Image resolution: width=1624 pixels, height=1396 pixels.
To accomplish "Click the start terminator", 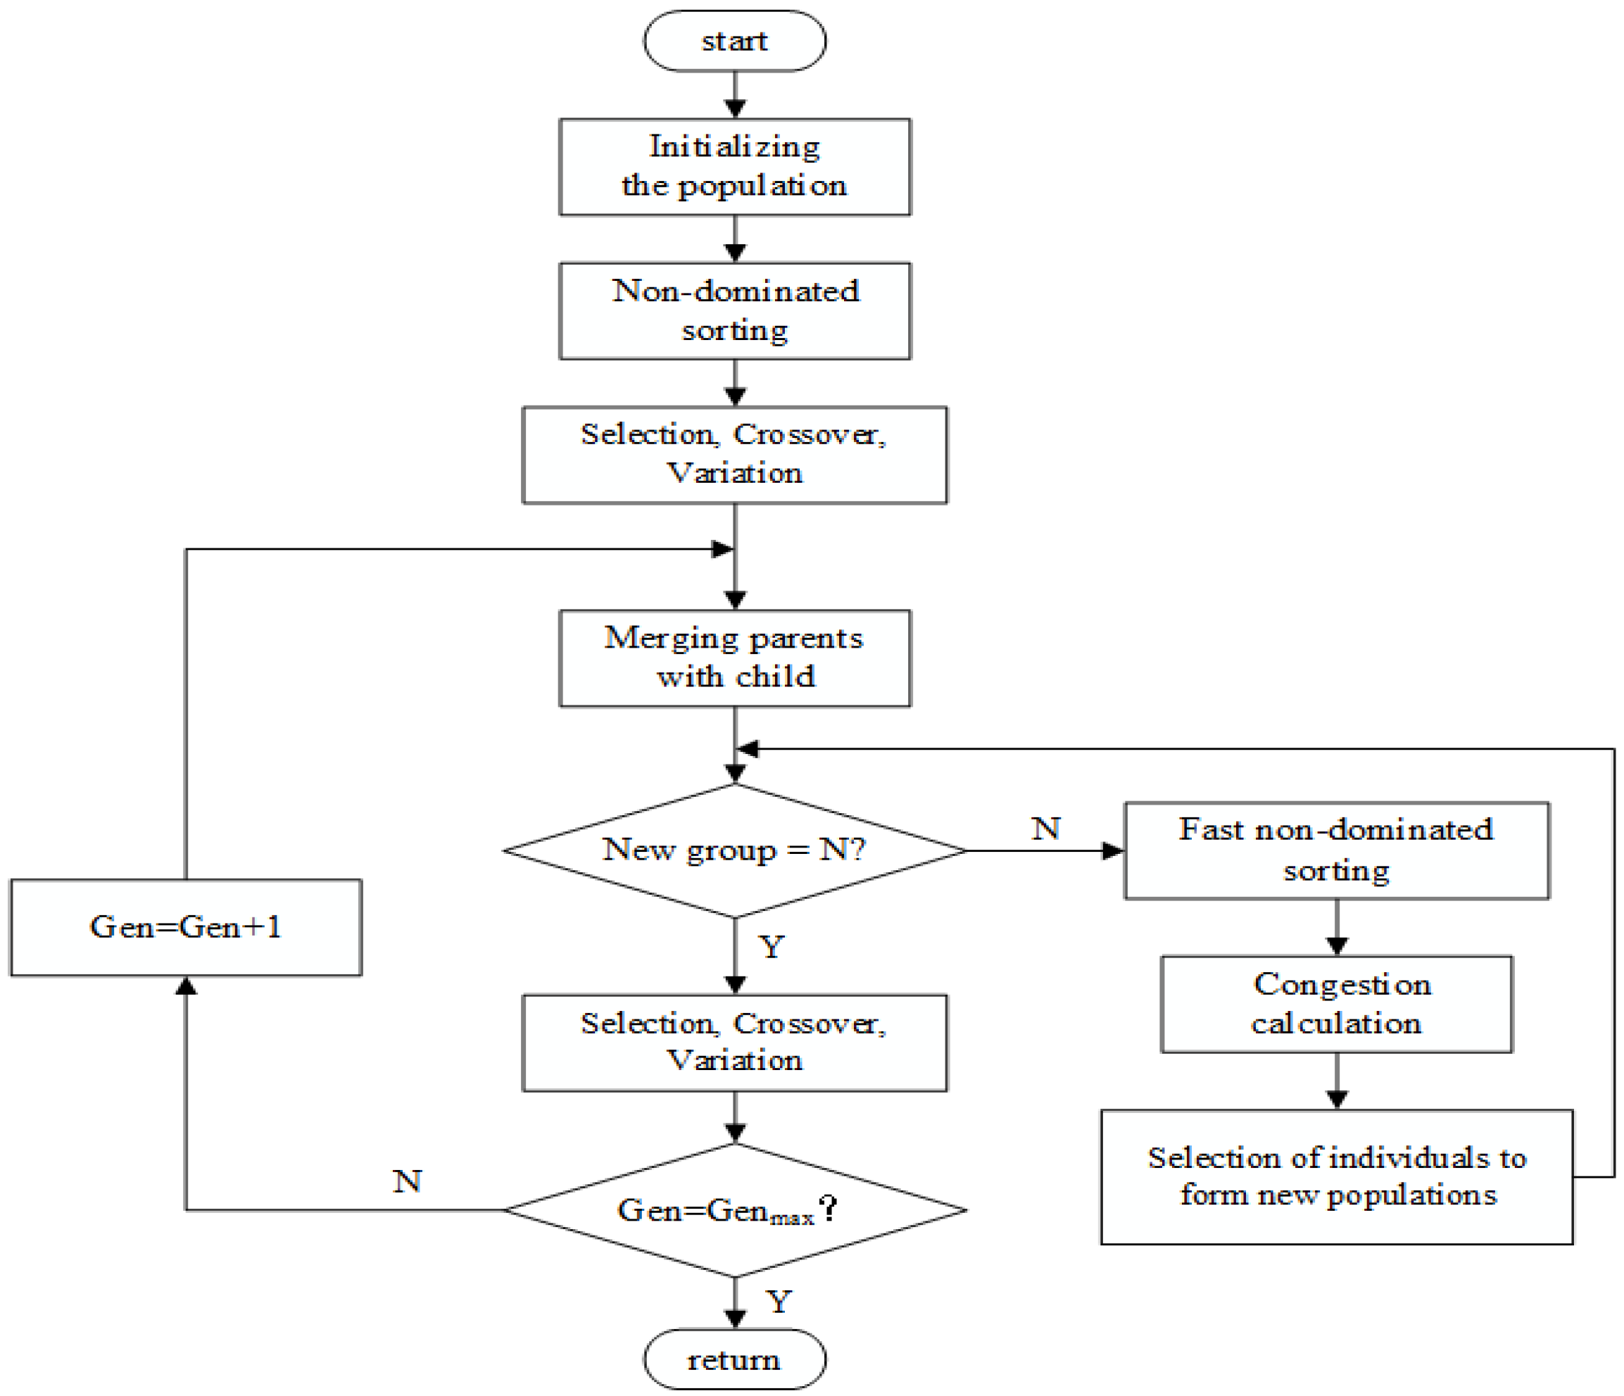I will click(734, 41).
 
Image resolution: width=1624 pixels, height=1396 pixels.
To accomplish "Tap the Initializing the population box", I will click(734, 166).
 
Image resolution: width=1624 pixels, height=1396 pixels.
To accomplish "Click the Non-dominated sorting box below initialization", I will click(734, 310).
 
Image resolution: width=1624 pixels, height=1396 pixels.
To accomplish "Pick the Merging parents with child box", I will click(734, 658).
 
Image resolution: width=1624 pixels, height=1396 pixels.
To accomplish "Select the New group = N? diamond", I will click(734, 850).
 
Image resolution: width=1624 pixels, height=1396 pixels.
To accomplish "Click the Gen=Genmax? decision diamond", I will click(734, 1210).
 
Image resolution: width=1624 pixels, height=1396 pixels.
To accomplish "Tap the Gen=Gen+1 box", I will click(186, 927).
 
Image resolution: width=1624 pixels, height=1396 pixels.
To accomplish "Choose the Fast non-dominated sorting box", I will click(1336, 850).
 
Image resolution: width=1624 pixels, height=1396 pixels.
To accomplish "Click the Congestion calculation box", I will click(1336, 1003).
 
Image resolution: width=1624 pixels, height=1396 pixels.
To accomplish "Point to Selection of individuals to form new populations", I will click(1336, 1176).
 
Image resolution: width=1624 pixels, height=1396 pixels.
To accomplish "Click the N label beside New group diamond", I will click(1045, 829).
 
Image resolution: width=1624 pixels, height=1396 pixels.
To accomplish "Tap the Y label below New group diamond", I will click(772, 947).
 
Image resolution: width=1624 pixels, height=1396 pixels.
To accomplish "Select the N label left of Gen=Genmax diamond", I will click(407, 1181).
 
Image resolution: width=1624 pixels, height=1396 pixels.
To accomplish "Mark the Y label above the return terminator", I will click(779, 1301).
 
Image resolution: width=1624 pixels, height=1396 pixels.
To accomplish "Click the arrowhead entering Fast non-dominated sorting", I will click(1113, 850).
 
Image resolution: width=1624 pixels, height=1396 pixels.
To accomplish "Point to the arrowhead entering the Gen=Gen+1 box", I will click(186, 986).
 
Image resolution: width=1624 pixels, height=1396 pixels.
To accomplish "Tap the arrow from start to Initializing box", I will click(734, 94).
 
